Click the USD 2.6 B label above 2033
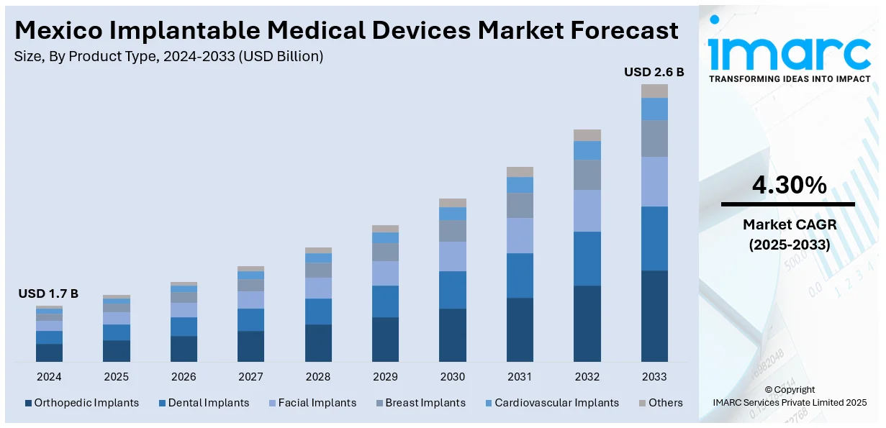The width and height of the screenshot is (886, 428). point(654,72)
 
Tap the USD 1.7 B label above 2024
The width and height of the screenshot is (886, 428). point(48,293)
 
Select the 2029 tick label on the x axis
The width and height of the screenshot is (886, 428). point(385,377)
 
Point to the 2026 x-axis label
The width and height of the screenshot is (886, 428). point(184,377)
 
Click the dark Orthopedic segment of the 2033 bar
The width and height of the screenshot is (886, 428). point(654,316)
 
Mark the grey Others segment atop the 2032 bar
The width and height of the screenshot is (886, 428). point(587,135)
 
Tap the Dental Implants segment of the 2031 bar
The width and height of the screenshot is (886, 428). point(520,276)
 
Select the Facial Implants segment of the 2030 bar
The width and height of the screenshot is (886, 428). point(453,256)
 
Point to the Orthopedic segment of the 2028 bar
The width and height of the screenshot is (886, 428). point(318,342)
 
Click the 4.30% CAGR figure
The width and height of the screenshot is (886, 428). point(789,186)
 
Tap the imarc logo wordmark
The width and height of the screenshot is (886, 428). point(789,52)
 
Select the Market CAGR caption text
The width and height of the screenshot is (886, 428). point(789,226)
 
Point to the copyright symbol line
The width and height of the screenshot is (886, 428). point(790,390)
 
